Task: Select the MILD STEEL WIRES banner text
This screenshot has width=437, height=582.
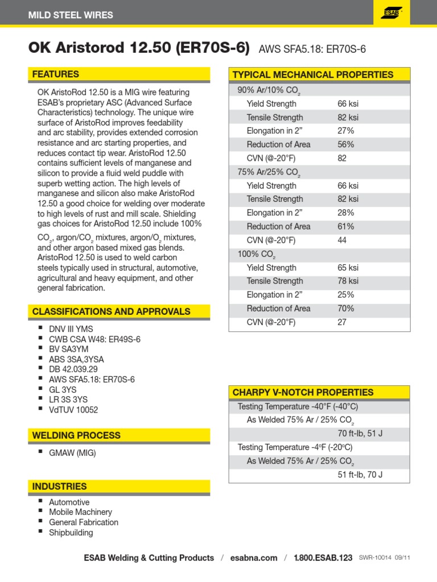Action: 71,15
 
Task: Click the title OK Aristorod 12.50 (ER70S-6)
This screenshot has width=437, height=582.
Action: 139,48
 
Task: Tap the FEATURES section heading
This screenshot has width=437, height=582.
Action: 56,74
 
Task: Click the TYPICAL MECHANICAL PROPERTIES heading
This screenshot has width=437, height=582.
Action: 313,74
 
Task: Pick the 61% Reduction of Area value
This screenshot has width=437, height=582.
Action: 346,226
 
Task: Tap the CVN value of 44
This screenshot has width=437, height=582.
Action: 343,240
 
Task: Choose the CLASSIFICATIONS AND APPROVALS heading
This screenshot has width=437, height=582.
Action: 111,311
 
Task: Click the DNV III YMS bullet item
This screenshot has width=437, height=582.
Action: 71,329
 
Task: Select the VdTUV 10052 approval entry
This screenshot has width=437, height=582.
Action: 73,410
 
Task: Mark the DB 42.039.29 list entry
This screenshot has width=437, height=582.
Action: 73,369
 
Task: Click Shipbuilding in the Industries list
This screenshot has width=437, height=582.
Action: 71,533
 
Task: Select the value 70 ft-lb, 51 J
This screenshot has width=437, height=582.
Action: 360,434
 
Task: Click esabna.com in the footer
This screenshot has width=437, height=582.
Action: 254,558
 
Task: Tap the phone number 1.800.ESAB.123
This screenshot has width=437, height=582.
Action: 323,558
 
